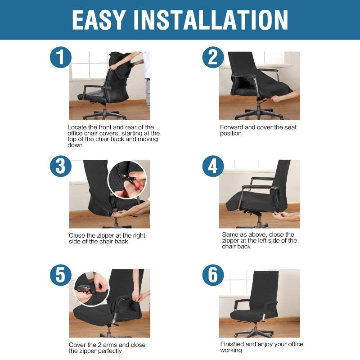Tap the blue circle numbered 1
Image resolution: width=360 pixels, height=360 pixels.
click(60, 58)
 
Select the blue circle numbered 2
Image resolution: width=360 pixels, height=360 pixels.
click(213, 58)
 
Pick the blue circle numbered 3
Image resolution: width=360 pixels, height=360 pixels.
click(60, 166)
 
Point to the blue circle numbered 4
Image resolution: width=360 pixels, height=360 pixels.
click(213, 166)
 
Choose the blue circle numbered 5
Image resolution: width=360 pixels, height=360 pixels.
click(60, 275)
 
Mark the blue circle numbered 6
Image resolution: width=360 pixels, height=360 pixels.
click(213, 275)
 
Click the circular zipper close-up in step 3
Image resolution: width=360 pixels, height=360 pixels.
click(127, 179)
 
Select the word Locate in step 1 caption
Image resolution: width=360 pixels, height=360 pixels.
click(77, 127)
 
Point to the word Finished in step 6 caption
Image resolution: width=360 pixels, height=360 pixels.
click(232, 344)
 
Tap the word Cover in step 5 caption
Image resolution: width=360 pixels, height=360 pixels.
click(77, 345)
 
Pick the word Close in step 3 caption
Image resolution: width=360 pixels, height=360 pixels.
click(77, 235)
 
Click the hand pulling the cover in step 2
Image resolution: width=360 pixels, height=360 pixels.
click(292, 94)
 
